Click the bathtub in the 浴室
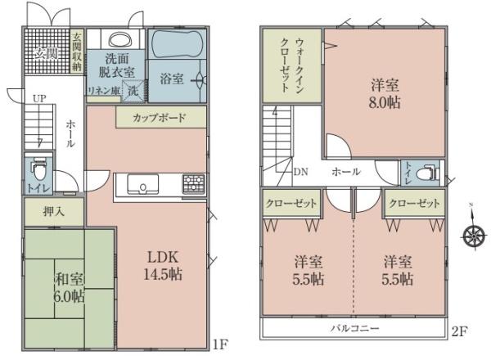(x=178, y=44)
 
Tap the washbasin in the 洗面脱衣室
(x=121, y=39)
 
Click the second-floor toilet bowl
(x=428, y=173)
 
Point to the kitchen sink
(x=142, y=184)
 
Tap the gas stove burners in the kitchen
(x=194, y=184)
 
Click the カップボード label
(x=159, y=119)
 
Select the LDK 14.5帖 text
(x=163, y=266)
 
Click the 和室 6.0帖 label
(x=70, y=287)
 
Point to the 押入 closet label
(x=54, y=212)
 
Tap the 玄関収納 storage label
(x=77, y=52)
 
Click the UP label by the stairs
(x=40, y=99)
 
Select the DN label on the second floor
(x=300, y=172)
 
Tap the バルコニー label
(x=355, y=328)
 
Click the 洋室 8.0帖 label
(x=385, y=94)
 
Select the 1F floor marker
(x=219, y=344)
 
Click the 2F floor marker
(x=459, y=331)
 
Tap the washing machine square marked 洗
(x=133, y=91)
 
